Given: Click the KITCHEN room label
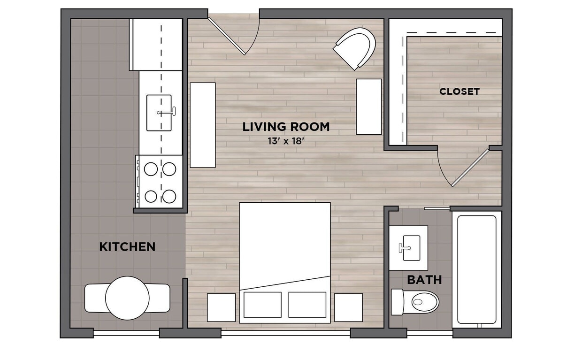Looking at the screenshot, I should [x=127, y=247].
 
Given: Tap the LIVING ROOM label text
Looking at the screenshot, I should [x=286, y=127].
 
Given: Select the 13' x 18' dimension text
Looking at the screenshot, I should [x=286, y=141].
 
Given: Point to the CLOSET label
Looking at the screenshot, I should [x=459, y=92].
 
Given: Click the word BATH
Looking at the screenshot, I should [x=424, y=280].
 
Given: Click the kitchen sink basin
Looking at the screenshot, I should [x=159, y=113].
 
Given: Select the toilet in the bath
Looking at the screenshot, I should [x=418, y=302].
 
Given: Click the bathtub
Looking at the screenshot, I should [x=476, y=269].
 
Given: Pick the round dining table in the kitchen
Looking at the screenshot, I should [x=127, y=298].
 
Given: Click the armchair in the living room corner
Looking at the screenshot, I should [x=357, y=47].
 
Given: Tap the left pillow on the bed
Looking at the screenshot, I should [x=262, y=305].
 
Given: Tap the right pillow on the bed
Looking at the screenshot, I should [x=307, y=305].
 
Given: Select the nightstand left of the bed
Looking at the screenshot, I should [x=221, y=307].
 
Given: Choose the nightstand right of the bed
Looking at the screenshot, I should [x=348, y=307].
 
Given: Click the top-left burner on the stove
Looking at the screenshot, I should [x=151, y=169].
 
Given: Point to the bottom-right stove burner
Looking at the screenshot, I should [x=169, y=196].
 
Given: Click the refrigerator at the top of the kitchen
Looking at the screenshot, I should [x=156, y=45].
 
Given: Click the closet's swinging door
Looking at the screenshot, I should [x=469, y=168].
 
